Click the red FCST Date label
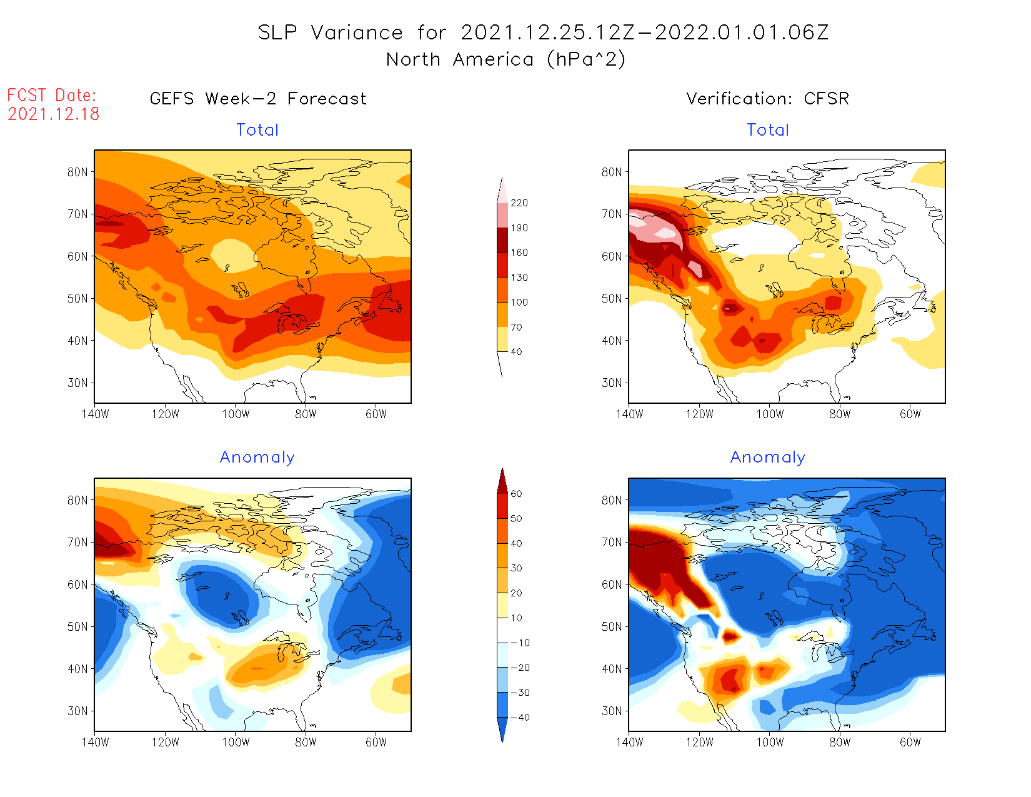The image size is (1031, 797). pos(52,96)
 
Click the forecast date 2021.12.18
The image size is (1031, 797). pos(54,114)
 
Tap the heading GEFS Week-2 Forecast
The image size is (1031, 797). pos(258,99)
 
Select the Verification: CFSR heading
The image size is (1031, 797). pos(767,99)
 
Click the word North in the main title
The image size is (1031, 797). pos(413,60)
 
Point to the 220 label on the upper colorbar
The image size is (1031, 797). pos(519,203)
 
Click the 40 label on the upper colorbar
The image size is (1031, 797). pos(516,352)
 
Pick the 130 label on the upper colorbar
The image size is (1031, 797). pos(519,278)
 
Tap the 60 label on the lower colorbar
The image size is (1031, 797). pos(516,494)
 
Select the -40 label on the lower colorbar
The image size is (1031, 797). pos(520,718)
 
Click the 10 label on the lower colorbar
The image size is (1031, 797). pos(516,618)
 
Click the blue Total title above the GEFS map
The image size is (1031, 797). pos(257,130)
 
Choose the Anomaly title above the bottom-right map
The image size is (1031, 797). pos(768,458)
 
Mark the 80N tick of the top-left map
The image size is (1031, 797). pos(77,173)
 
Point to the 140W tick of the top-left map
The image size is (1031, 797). pos(95,414)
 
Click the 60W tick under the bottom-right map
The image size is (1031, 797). pos(910,743)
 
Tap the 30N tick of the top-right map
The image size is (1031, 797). pos(612,383)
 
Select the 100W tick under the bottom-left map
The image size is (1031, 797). pos(236,743)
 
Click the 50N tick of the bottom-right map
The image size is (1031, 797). pos(612,627)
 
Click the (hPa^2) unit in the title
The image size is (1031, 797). pos(585,60)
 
